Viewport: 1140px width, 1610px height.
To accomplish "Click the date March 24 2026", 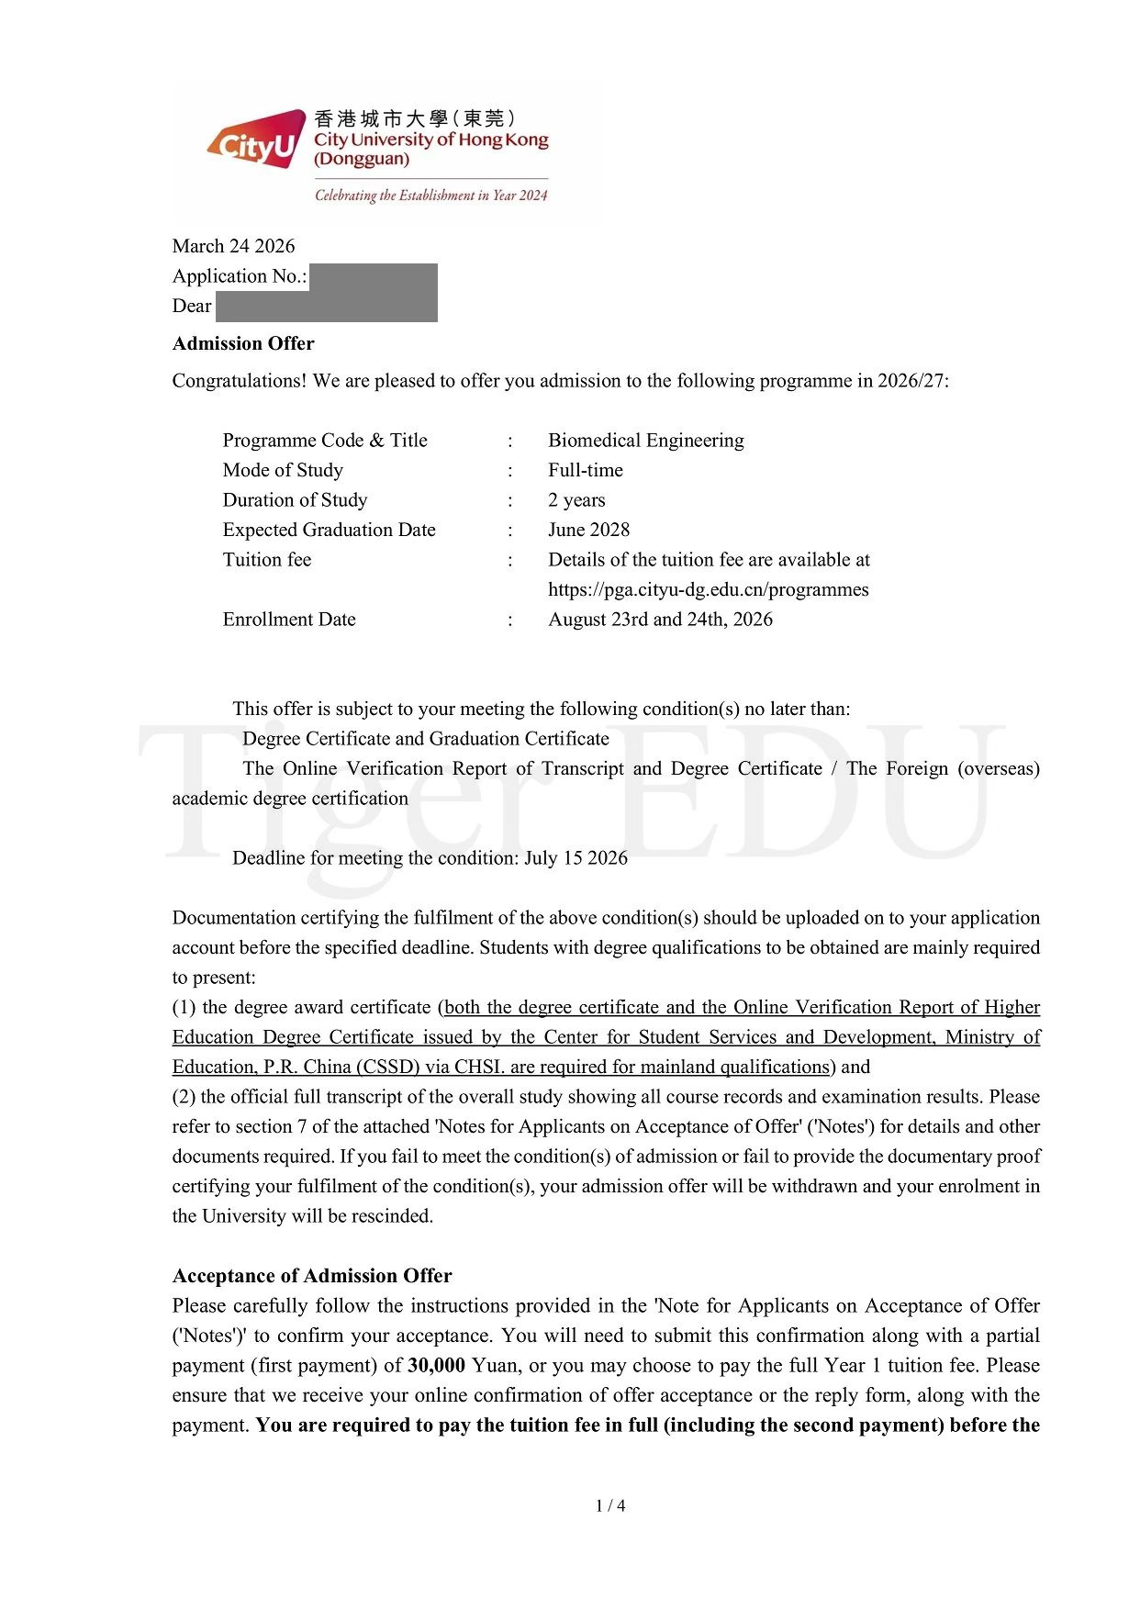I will pyautogui.click(x=233, y=246).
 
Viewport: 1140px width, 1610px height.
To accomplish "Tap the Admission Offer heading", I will pyautogui.click(x=243, y=343).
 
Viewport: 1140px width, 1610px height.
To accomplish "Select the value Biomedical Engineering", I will pyautogui.click(x=645, y=441).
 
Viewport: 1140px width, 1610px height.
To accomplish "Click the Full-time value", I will pyautogui.click(x=585, y=470).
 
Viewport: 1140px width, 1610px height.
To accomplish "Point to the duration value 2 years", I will pyautogui.click(x=576, y=500).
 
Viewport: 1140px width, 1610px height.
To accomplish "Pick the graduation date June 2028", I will pyautogui.click(x=588, y=530).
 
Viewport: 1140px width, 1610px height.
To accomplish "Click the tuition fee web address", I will pyautogui.click(x=708, y=589).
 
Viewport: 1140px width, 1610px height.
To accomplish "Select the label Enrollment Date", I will pyautogui.click(x=289, y=620).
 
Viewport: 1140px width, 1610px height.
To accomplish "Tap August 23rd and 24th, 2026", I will pyautogui.click(x=660, y=620).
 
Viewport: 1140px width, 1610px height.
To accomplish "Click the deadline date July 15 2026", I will pyautogui.click(x=576, y=858).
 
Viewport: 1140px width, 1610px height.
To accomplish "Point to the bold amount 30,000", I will pyautogui.click(x=436, y=1365).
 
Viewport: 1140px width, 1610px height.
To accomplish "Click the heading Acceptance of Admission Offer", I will pyautogui.click(x=312, y=1276).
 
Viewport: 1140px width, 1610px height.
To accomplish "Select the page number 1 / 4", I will pyautogui.click(x=610, y=1505).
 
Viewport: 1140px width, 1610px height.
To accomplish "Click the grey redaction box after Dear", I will pyautogui.click(x=326, y=307).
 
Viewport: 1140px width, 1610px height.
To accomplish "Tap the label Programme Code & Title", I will pyautogui.click(x=325, y=441).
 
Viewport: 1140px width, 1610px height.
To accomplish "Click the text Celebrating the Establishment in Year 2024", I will pyautogui.click(x=430, y=196).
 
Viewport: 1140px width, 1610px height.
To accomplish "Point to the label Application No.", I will pyautogui.click(x=240, y=276).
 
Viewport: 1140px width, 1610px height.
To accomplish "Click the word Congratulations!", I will pyautogui.click(x=239, y=381).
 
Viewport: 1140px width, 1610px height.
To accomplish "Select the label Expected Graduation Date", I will pyautogui.click(x=329, y=530).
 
